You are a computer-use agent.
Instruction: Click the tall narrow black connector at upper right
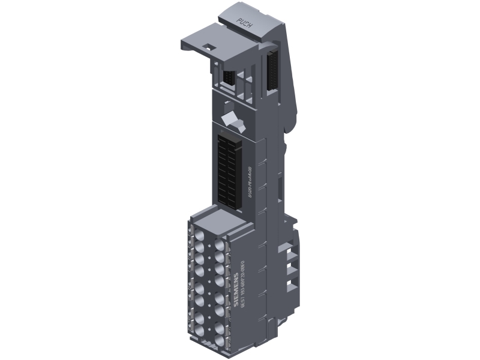click(274, 75)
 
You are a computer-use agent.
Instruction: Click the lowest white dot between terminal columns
click(209, 340)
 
